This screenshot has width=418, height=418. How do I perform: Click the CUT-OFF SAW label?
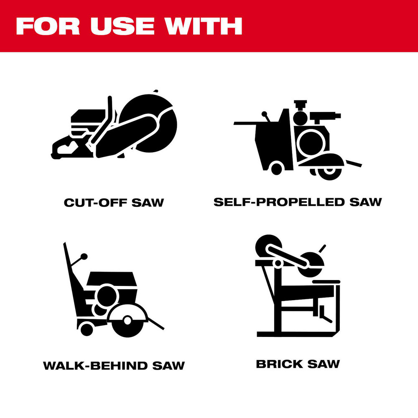(x=114, y=203)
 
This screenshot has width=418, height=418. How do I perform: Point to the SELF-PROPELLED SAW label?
(x=298, y=202)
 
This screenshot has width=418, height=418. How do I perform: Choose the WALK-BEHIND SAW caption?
(x=114, y=365)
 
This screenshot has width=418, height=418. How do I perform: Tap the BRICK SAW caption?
(x=298, y=364)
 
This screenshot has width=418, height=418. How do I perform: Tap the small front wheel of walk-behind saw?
(x=87, y=329)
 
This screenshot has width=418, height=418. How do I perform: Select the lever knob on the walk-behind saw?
(x=84, y=255)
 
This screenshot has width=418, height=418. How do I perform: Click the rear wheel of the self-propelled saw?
(x=276, y=168)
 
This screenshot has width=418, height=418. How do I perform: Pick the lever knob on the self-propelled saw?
(x=264, y=114)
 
